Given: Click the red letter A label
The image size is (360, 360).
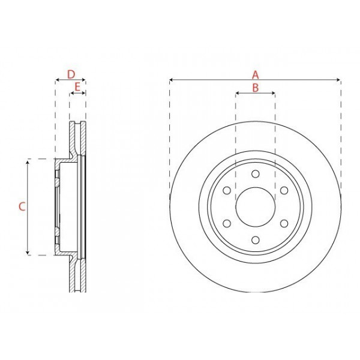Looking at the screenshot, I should coord(255,74).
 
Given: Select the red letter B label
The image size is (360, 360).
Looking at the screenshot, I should coord(255,88).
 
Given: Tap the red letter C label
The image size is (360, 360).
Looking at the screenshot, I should coord(21,207).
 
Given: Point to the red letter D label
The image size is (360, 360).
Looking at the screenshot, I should coord(70,74).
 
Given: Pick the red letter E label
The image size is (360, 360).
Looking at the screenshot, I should coord(77,88).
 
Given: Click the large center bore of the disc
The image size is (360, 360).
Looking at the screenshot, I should coord(255,207).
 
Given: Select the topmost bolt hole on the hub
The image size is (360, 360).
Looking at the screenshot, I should coord(255,175).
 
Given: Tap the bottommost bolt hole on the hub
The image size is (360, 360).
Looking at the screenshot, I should coord(255,240).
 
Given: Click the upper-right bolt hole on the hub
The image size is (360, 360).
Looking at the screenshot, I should coord(283,191).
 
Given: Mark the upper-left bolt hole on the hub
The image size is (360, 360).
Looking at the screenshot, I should coord(227,191).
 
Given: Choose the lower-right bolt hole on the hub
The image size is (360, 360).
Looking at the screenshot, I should coord(283,224).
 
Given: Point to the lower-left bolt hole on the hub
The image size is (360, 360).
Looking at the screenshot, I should coord(227,224).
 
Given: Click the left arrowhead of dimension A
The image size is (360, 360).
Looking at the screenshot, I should coord(172,80).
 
